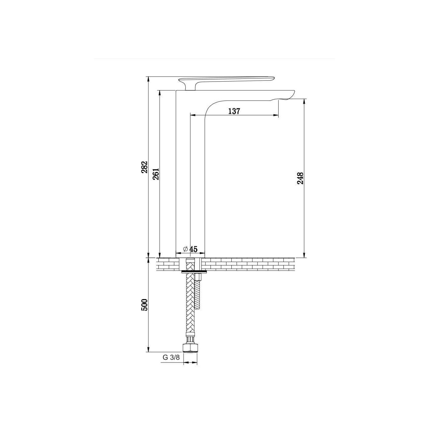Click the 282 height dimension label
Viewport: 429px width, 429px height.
(145, 167)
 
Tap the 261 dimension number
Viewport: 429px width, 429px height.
(156, 174)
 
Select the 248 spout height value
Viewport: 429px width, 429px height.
(301, 178)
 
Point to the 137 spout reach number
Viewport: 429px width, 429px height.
(234, 111)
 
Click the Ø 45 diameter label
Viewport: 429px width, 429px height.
(190, 249)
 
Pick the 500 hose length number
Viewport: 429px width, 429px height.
(145, 305)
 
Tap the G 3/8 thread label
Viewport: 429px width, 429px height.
(171, 357)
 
